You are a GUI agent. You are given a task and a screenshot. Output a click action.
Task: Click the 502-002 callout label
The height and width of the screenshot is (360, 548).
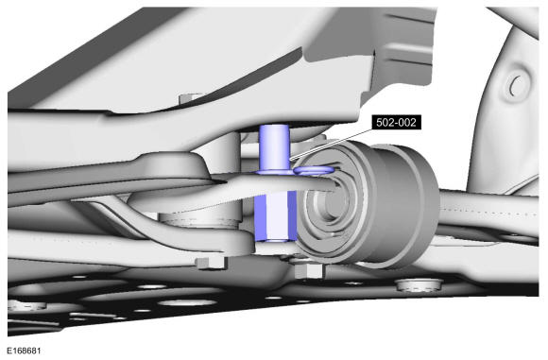pyautogui.click(x=396, y=123)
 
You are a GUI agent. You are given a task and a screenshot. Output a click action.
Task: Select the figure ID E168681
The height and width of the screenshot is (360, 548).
pyautogui.click(x=25, y=351)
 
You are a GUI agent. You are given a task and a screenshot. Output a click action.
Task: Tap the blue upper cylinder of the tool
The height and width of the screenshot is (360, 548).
pyautogui.click(x=274, y=146)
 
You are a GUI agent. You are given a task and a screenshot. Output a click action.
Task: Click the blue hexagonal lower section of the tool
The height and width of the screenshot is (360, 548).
pyautogui.click(x=275, y=216)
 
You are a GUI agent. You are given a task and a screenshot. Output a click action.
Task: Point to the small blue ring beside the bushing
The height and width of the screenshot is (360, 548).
pyautogui.click(x=314, y=170)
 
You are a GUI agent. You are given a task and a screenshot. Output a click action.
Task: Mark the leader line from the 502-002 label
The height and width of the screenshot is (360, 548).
pyautogui.click(x=331, y=145)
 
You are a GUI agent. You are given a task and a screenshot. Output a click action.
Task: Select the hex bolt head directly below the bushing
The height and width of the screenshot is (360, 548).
pyautogui.click(x=308, y=271)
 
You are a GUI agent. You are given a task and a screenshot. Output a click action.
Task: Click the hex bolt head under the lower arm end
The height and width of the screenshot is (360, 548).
pyautogui.click(x=211, y=263)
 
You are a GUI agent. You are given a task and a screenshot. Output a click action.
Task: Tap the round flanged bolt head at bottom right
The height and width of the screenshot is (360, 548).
pyautogui.click(x=419, y=284)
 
